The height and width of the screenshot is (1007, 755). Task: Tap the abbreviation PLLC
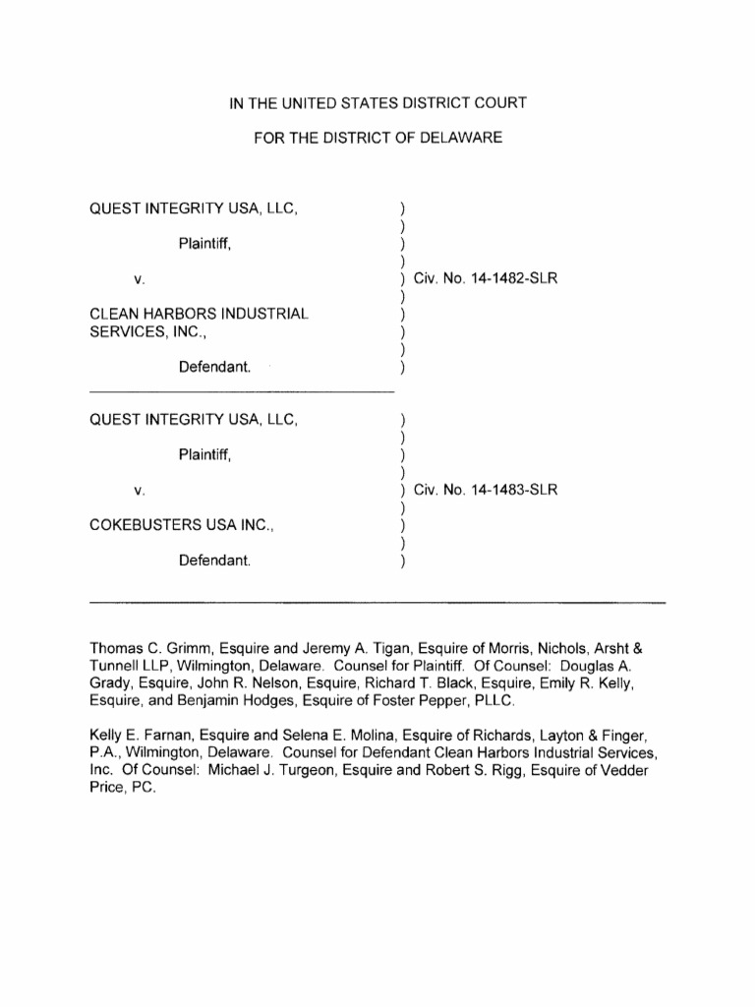pos(488,701)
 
